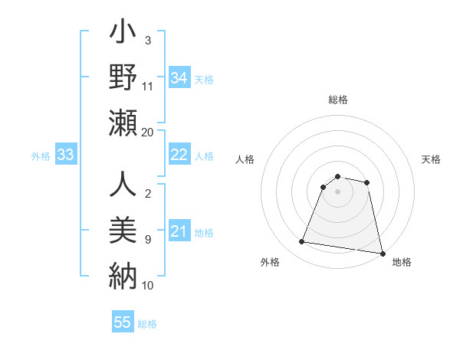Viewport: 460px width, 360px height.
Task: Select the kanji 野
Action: click(122, 78)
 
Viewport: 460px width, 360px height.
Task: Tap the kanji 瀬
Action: click(122, 123)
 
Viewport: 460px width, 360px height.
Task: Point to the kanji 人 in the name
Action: click(122, 185)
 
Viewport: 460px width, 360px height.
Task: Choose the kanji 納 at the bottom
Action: click(122, 273)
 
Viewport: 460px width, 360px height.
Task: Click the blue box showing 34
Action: click(179, 78)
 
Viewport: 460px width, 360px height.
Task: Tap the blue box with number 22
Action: click(179, 155)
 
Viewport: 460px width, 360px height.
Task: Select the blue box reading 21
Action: click(179, 231)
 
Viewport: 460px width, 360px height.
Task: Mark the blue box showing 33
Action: click(65, 155)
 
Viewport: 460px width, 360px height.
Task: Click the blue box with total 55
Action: click(123, 322)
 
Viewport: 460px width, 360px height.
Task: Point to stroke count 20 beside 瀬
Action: click(148, 132)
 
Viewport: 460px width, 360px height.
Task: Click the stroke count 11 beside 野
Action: click(148, 87)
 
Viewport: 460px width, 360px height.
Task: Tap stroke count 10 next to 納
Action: click(148, 285)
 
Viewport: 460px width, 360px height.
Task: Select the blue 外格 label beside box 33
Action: click(41, 155)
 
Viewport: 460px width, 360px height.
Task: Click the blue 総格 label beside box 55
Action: click(147, 324)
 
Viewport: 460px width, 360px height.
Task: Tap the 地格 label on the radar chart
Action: click(402, 263)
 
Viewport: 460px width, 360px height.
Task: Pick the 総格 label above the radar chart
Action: click(338, 100)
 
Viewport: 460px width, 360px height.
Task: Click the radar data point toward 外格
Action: click(302, 242)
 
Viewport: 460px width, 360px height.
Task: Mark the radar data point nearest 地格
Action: click(381, 253)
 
